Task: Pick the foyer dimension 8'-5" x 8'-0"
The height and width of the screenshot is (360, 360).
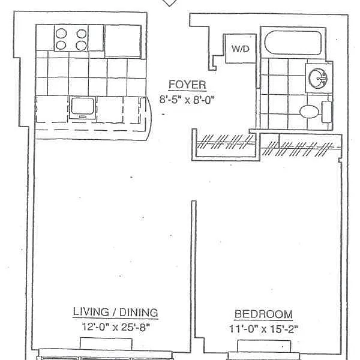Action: click(187, 98)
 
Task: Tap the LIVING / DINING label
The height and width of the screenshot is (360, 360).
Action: click(115, 312)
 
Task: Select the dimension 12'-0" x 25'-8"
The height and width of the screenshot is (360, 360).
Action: click(115, 327)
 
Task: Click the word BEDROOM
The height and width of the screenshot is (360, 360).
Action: click(263, 314)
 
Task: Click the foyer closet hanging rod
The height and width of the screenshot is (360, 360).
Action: click(226, 144)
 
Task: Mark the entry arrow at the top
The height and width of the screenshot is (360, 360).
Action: click(171, 3)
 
